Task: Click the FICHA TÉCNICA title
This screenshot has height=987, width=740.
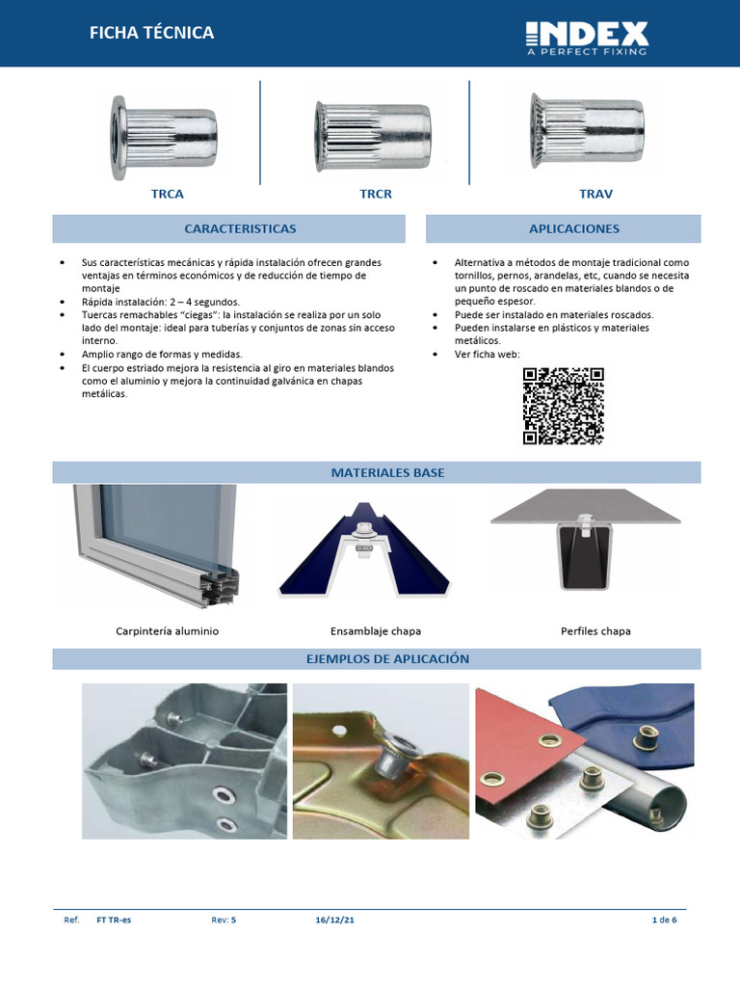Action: (151, 33)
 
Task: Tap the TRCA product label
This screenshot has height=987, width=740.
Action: (167, 194)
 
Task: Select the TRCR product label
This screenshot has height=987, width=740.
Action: (376, 194)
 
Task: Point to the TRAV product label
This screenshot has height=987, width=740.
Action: (595, 194)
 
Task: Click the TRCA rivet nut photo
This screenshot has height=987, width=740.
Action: (164, 137)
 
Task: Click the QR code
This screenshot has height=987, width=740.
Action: (564, 406)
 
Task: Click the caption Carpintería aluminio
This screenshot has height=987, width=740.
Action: (168, 631)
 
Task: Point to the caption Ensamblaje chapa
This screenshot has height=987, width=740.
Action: (376, 631)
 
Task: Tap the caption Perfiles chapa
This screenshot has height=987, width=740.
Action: (595, 631)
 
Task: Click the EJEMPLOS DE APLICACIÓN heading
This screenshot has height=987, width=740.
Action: (387, 659)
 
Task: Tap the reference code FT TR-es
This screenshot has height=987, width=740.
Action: (114, 920)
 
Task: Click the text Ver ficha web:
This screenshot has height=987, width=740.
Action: (487, 354)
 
